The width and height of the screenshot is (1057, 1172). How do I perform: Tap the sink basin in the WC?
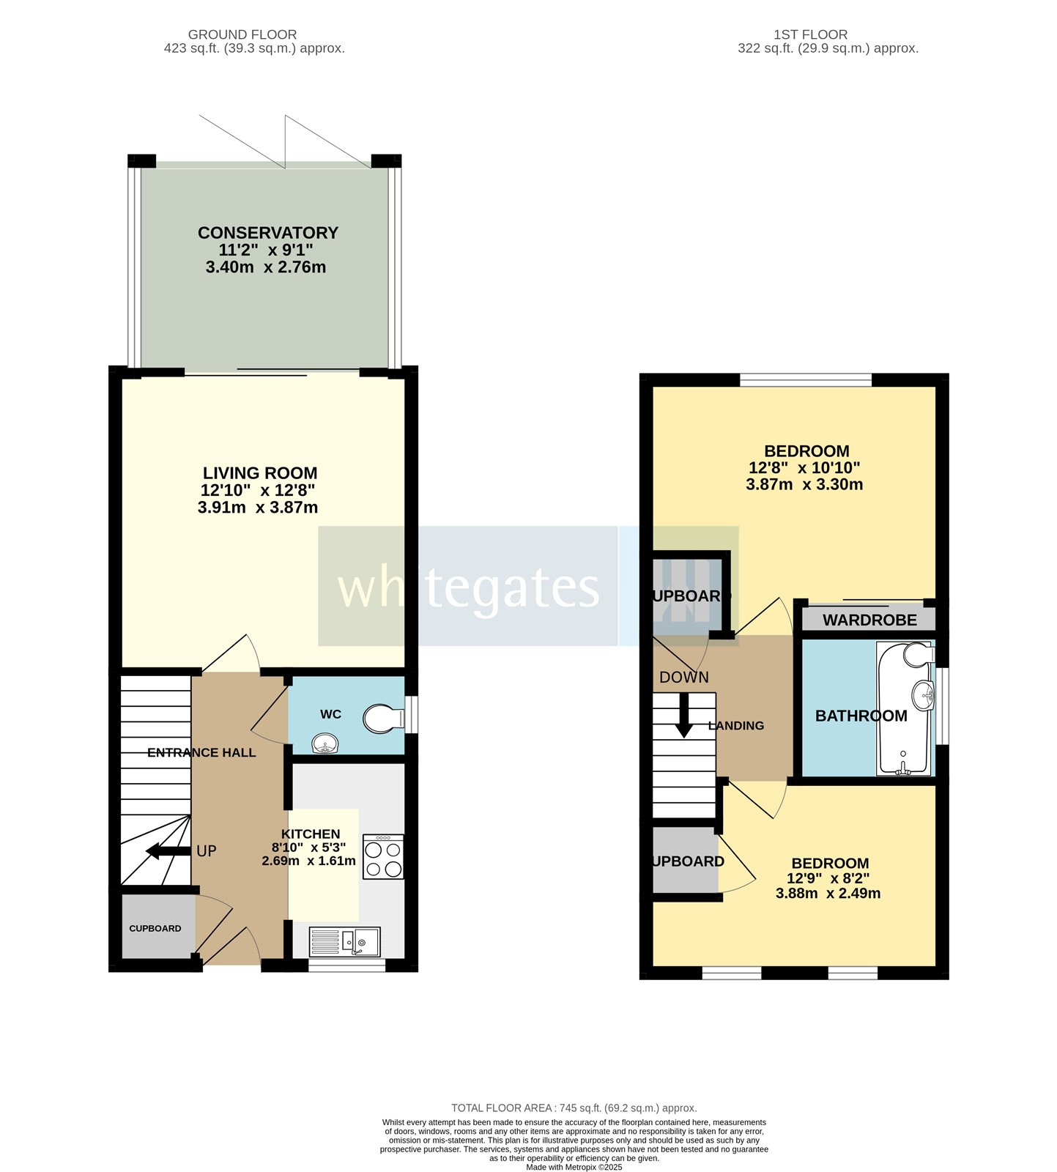pyautogui.click(x=324, y=745)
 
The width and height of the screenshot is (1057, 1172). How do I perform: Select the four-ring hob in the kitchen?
pyautogui.click(x=383, y=857)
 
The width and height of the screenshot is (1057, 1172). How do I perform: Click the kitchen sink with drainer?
pyautogui.click(x=345, y=941)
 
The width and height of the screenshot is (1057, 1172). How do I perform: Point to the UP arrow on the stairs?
pyautogui.click(x=167, y=850)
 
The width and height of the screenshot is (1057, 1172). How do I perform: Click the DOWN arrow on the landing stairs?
pyautogui.click(x=683, y=716)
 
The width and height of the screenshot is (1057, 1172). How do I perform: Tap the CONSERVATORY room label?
pyautogui.click(x=267, y=233)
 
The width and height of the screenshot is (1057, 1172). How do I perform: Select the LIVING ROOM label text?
pyautogui.click(x=260, y=473)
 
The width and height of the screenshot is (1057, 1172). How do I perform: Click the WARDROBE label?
pyautogui.click(x=869, y=620)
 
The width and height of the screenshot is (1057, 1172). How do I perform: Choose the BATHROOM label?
pyautogui.click(x=861, y=716)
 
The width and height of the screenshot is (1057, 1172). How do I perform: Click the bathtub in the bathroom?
pyautogui.click(x=905, y=709)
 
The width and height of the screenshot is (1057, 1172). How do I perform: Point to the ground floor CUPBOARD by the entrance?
pyautogui.click(x=155, y=928)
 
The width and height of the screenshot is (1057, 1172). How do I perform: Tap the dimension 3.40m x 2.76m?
pyautogui.click(x=265, y=267)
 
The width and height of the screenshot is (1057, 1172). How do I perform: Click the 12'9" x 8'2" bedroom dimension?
pyautogui.click(x=828, y=878)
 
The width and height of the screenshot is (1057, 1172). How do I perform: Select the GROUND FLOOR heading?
pyautogui.click(x=242, y=34)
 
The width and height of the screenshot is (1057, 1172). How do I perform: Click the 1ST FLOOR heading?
pyautogui.click(x=810, y=34)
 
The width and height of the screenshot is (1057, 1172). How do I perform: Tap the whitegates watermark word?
pyautogui.click(x=468, y=587)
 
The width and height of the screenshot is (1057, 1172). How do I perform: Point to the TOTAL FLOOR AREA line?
pyautogui.click(x=574, y=1108)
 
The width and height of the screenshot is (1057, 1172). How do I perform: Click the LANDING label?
pyautogui.click(x=735, y=726)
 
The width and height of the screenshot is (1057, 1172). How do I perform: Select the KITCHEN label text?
pyautogui.click(x=311, y=834)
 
